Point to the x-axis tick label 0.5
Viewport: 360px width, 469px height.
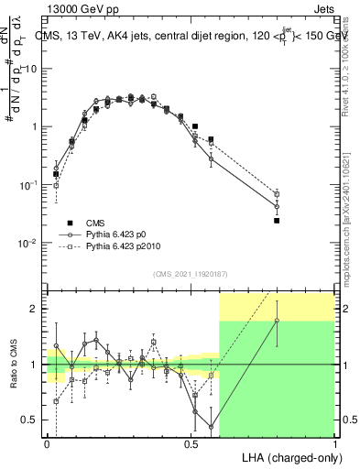pyautogui.click(x=191, y=443)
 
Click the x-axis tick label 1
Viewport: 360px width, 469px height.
pyautogui.click(x=334, y=443)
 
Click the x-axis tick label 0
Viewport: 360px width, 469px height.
pyautogui.click(x=47, y=443)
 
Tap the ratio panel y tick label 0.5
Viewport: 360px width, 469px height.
pyautogui.click(x=29, y=420)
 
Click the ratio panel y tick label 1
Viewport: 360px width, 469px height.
pyautogui.click(x=34, y=365)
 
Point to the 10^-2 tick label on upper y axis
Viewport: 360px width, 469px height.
pyautogui.click(x=27, y=243)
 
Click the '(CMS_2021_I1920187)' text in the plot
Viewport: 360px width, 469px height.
pyautogui.click(x=190, y=273)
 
